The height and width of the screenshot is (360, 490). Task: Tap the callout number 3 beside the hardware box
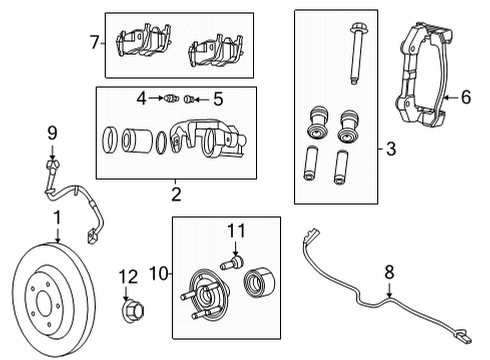point(390,150)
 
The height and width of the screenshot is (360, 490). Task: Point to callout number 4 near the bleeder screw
point(141,98)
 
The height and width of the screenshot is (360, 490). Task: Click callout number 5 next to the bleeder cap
point(219,98)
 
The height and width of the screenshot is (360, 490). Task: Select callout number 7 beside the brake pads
point(94,43)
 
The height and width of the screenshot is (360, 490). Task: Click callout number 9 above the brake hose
point(52,131)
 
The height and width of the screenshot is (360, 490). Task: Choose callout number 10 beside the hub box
point(157,271)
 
